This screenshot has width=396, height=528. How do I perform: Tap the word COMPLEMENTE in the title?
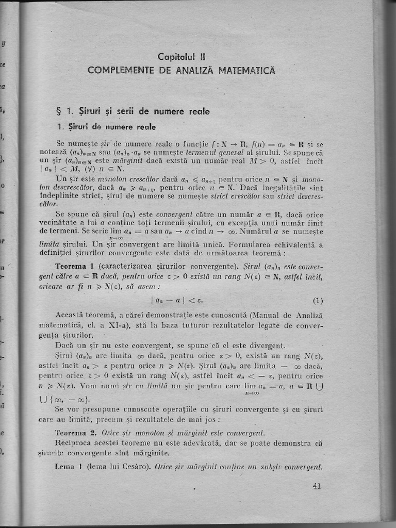(x=119, y=70)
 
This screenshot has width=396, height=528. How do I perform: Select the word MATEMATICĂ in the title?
(x=246, y=70)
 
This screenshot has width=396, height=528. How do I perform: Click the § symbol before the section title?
(x=59, y=111)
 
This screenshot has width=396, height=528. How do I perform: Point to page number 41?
(x=317, y=485)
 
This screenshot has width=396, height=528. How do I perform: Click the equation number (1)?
(x=317, y=301)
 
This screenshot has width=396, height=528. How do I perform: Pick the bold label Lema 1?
(x=69, y=467)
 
